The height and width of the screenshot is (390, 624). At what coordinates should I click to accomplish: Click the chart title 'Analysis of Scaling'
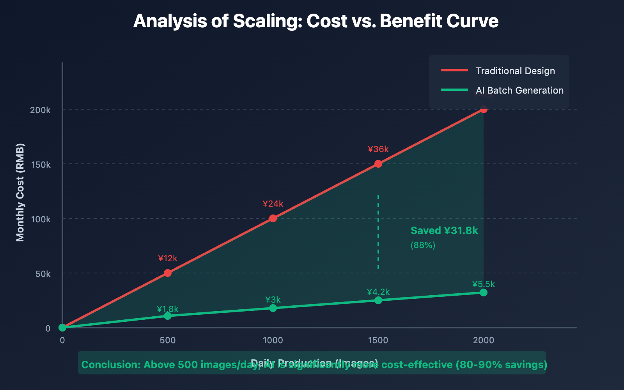[316, 21]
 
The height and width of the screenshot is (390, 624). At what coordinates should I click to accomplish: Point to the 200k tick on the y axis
[41, 110]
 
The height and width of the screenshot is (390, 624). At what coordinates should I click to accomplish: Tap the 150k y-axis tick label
[41, 165]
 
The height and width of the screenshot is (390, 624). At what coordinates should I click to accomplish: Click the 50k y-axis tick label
[43, 274]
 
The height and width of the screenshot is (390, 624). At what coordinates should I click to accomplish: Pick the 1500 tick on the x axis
[378, 340]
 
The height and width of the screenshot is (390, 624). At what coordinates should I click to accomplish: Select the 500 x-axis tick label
[168, 340]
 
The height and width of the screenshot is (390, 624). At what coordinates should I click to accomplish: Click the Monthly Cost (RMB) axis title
[20, 193]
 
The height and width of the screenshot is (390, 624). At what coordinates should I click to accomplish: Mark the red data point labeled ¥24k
[273, 218]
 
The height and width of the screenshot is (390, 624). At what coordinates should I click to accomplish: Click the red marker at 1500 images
[378, 164]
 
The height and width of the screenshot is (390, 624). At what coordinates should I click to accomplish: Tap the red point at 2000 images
[484, 109]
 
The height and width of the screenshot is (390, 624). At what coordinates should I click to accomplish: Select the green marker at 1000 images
[273, 308]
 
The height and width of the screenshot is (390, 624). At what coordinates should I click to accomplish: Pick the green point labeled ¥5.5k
[484, 292]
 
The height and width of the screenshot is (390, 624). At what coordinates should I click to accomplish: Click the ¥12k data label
[168, 258]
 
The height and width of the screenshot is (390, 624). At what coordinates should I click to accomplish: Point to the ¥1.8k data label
[168, 309]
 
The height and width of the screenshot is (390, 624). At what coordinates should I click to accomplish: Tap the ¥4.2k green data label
[378, 292]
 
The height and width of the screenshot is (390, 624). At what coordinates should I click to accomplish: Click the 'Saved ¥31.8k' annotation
[444, 230]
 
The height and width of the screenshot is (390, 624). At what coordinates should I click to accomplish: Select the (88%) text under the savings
[423, 245]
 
